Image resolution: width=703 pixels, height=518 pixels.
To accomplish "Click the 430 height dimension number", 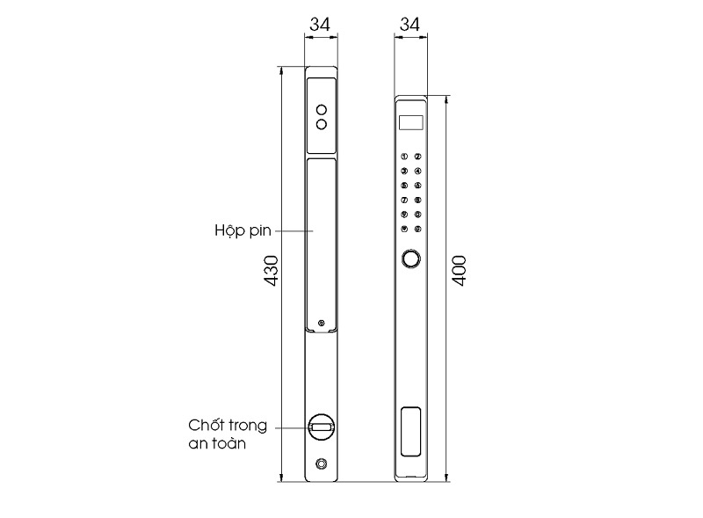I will point(271,272).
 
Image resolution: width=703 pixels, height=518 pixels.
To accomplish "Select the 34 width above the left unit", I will point(321,26).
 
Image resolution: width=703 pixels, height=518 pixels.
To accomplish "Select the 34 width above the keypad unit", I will point(409,26).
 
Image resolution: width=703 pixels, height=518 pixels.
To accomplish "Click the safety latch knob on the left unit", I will point(322,427).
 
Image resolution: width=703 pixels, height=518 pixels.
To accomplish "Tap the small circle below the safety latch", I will point(322,463).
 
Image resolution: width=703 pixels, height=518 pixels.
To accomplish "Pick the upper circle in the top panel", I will point(322,110).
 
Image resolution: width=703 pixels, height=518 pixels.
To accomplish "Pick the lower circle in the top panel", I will point(322,124).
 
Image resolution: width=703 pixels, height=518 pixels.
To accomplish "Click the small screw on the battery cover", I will point(322,324).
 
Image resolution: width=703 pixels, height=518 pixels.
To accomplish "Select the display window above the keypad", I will point(410,122).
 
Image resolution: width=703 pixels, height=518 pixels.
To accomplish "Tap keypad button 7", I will point(404,201).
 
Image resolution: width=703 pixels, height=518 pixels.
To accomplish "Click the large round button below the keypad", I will point(410,259).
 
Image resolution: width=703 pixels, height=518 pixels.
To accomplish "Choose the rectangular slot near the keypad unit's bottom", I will point(410,431).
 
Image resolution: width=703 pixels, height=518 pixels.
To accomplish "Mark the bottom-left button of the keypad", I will point(404,230).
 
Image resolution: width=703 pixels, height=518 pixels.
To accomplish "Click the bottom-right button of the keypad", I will point(418,230).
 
